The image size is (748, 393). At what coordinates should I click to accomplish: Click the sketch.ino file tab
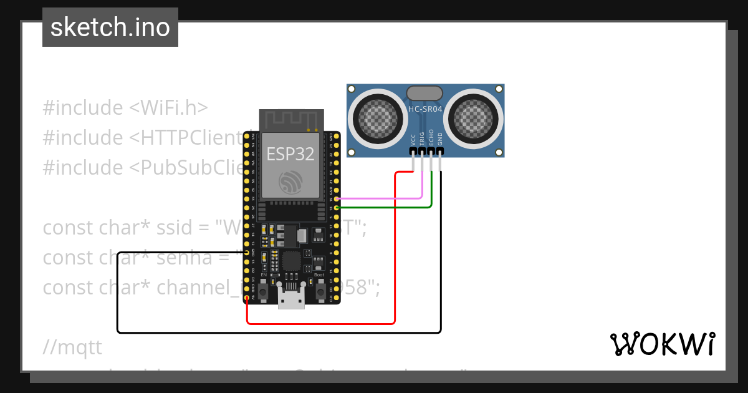point(110,27)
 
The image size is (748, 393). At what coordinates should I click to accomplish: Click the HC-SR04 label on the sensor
point(425,110)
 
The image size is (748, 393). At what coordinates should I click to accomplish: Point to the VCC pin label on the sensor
point(413,139)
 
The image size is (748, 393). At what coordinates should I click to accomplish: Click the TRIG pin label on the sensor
point(422,138)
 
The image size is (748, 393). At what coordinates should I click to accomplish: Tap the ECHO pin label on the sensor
point(431,138)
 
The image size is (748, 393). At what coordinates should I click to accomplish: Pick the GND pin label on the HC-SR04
point(440,138)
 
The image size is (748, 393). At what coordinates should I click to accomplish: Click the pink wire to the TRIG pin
point(380,198)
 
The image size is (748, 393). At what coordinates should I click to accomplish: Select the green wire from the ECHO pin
point(386,206)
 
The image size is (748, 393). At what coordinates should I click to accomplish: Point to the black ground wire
point(280,332)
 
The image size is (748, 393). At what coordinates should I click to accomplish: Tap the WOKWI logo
point(662,344)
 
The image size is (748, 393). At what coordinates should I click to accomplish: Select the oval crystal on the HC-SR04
point(425,94)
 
